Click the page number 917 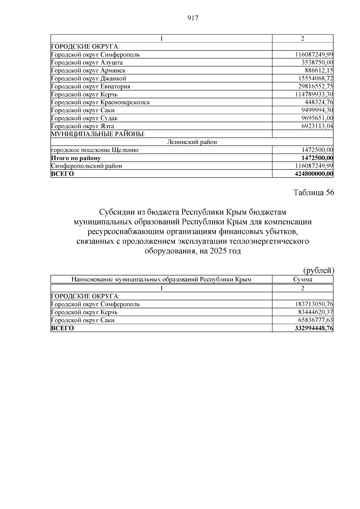coord(192,18)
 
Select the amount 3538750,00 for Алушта coord(317,62)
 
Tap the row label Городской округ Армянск coord(88,70)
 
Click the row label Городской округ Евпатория coord(91,86)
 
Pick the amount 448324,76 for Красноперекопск coord(319,102)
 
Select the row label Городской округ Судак coord(84,118)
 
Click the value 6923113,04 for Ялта coord(317,126)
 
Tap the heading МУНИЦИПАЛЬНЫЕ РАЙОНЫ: coord(98,134)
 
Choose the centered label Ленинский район coord(192,142)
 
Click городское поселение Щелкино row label coord(95,150)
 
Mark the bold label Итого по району coord(76,158)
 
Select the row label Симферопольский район coord(87,166)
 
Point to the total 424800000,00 coord(314,174)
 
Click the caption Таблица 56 coord(313,193)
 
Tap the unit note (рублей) coord(319,271)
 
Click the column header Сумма coord(303,280)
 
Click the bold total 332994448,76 coord(314,328)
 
